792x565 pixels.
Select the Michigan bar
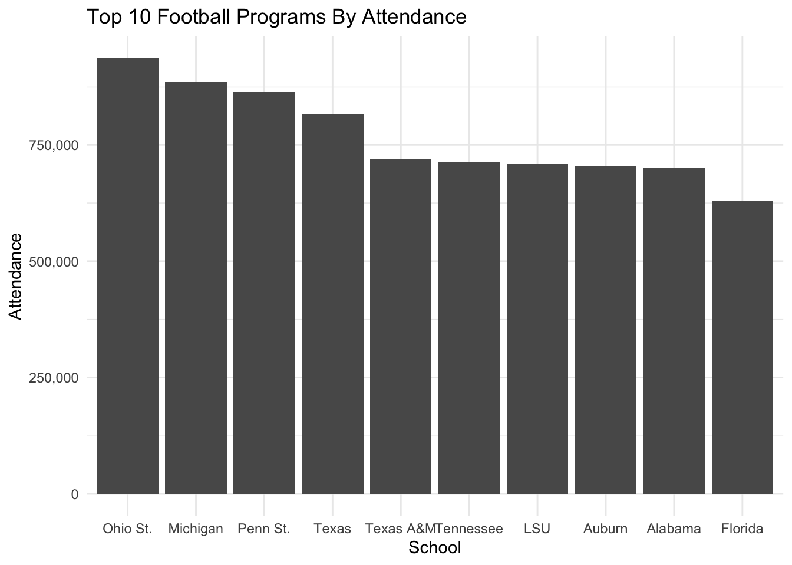pos(196,288)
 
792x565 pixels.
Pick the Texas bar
pos(332,303)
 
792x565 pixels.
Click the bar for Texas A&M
pos(401,326)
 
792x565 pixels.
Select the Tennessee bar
pos(469,327)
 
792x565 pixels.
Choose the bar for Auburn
pos(606,330)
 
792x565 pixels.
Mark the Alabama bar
pos(674,330)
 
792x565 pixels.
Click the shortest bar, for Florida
pos(742,347)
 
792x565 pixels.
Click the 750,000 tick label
pos(54,145)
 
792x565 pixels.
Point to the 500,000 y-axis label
pos(54,261)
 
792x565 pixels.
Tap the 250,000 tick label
pos(54,378)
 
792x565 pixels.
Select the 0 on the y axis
pos(75,494)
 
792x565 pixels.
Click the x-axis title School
pos(435,548)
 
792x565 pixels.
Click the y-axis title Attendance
pos(16,277)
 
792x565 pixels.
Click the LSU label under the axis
pos(537,529)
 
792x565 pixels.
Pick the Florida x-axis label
pos(742,529)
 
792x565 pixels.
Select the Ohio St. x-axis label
pos(127,529)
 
